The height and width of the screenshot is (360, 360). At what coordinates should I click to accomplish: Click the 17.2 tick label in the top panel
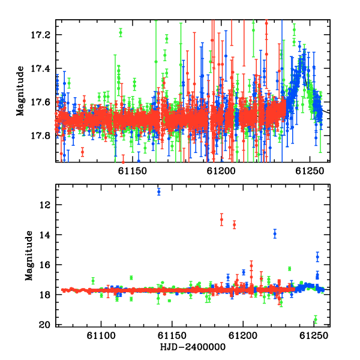[40, 35]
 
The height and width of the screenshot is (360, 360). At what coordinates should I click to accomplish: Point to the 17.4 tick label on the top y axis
[40, 68]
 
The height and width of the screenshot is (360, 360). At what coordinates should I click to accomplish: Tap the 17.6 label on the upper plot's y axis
[40, 102]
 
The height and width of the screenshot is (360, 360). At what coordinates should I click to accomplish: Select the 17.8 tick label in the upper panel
[40, 136]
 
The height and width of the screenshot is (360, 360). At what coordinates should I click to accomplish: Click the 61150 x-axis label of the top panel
[133, 171]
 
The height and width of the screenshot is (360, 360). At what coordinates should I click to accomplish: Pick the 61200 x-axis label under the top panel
[221, 171]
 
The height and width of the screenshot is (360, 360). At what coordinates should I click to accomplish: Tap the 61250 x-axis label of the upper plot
[310, 171]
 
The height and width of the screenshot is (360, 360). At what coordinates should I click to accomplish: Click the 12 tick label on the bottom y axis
[44, 205]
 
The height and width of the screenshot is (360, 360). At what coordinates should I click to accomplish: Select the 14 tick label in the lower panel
[44, 235]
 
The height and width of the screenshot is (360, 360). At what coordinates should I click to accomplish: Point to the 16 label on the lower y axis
[44, 265]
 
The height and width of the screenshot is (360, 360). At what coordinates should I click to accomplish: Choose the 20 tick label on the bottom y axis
[44, 325]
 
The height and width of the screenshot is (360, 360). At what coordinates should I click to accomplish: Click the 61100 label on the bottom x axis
[101, 336]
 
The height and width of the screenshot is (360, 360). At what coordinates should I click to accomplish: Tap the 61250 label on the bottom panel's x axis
[314, 336]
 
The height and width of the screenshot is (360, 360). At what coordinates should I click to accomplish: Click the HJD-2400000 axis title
[193, 347]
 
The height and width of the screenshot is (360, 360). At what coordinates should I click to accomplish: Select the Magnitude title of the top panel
[20, 91]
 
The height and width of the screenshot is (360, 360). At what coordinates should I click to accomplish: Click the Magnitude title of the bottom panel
[29, 256]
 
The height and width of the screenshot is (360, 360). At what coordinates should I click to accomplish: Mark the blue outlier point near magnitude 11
[158, 191]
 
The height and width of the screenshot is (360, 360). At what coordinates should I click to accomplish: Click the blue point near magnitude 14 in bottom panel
[275, 234]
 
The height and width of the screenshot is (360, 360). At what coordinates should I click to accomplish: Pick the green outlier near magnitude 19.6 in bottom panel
[316, 320]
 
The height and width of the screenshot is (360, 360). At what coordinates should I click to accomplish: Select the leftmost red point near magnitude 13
[221, 220]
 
